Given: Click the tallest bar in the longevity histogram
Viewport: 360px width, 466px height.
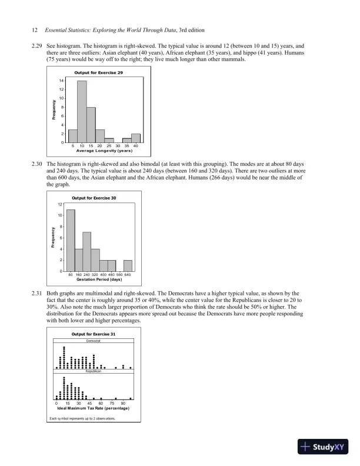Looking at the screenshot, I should pyautogui.click(x=82, y=112).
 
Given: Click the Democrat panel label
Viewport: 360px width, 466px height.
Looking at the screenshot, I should pyautogui.click(x=94, y=341).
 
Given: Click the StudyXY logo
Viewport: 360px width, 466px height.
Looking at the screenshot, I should pyautogui.click(x=324, y=447).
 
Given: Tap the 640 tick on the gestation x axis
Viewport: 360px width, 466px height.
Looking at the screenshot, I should pyautogui.click(x=127, y=275).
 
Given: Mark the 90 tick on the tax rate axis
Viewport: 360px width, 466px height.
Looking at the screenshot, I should pyautogui.click(x=123, y=403).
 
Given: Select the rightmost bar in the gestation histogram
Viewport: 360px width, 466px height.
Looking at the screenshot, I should pyautogui.click(x=128, y=265).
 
